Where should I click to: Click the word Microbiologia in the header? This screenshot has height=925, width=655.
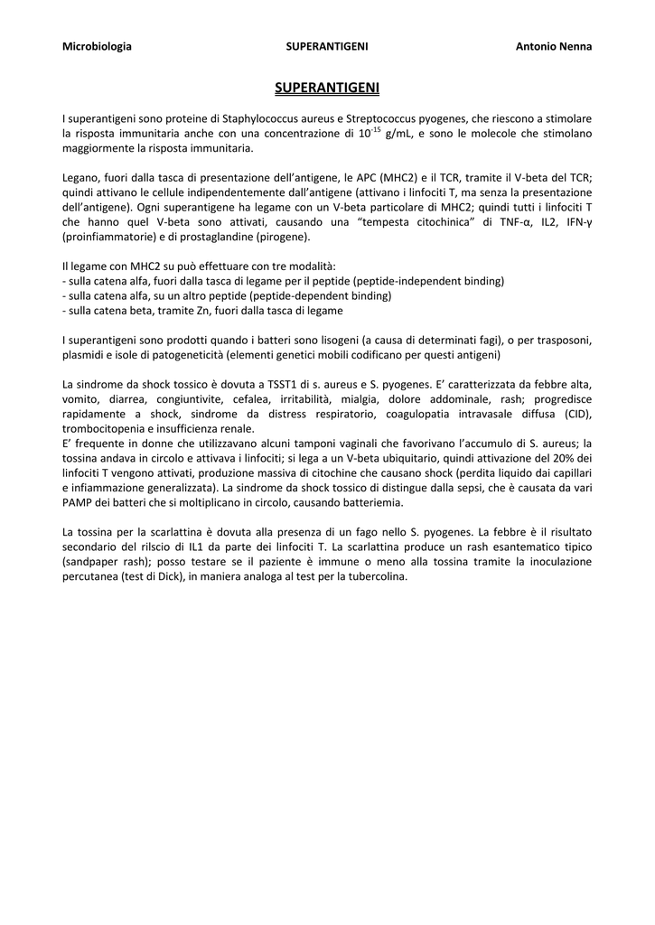(x=97, y=46)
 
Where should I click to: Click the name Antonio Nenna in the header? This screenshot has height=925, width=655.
(x=554, y=46)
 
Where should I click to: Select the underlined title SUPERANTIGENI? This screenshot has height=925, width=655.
(x=327, y=88)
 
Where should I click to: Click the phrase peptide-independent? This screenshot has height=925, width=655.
(x=412, y=281)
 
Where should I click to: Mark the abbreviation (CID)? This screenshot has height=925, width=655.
(x=573, y=414)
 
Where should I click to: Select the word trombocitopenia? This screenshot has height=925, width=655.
(x=101, y=428)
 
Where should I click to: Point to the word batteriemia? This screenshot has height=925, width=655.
(x=373, y=502)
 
